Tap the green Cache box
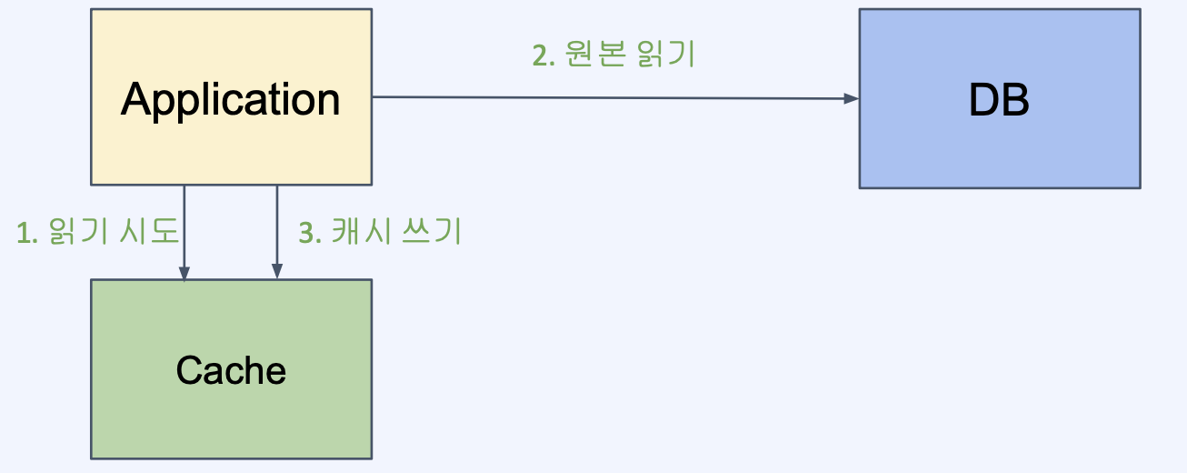point(231,418)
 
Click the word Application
point(231,99)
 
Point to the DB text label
point(999,99)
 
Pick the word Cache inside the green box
point(231,370)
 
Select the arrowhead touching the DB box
point(852,98)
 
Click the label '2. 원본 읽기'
point(613,55)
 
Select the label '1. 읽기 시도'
point(98,233)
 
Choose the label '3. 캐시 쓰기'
point(381,233)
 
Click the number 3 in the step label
point(307,233)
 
